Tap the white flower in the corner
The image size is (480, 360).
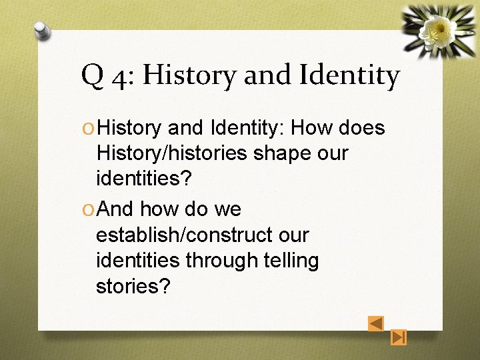coord(439,28)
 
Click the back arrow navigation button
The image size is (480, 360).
coord(376,323)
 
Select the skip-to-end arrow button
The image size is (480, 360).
coord(399,337)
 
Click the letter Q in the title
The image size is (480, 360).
coord(91,76)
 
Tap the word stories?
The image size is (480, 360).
coord(133,286)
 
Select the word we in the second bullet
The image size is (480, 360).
coord(227,209)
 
